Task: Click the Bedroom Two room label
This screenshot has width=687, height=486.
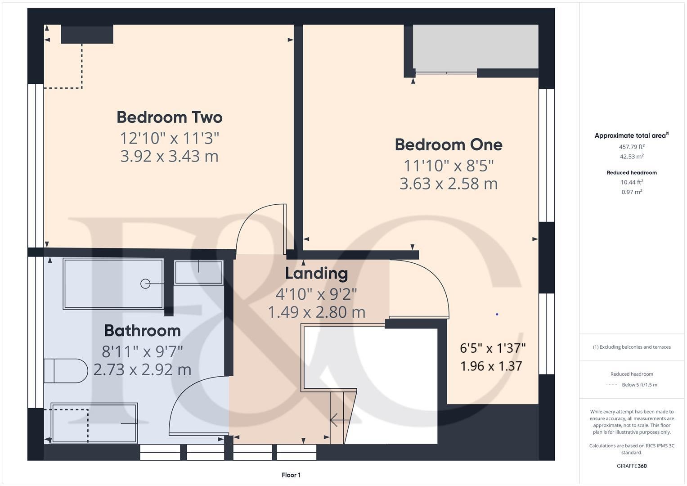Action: click(x=170, y=117)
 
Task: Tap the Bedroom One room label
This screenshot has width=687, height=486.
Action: click(x=449, y=145)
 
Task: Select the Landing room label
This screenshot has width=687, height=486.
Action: click(x=316, y=273)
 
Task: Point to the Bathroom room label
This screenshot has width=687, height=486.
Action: click(x=142, y=331)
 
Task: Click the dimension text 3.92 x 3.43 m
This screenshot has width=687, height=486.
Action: click(x=170, y=156)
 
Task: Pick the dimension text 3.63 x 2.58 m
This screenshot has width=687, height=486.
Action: click(x=449, y=184)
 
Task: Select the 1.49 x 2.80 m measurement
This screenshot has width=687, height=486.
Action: click(x=316, y=312)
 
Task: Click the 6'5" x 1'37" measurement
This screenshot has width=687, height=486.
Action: click(x=493, y=348)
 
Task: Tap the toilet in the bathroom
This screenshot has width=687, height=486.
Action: click(x=65, y=371)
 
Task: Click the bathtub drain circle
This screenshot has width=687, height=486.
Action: click(x=145, y=283)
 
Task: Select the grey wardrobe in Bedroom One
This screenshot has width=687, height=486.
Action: click(x=475, y=47)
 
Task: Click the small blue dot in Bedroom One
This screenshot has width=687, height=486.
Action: click(x=497, y=314)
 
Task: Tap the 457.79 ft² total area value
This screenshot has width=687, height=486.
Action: click(x=632, y=147)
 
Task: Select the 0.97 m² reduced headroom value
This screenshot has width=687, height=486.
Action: click(x=632, y=192)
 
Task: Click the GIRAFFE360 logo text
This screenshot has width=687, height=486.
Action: click(x=632, y=466)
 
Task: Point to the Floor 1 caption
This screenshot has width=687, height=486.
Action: click(x=291, y=475)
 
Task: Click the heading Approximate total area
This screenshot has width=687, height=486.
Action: click(x=631, y=135)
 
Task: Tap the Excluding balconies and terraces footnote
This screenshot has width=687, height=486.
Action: click(x=632, y=347)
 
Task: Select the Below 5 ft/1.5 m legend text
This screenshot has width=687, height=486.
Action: click(x=639, y=385)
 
